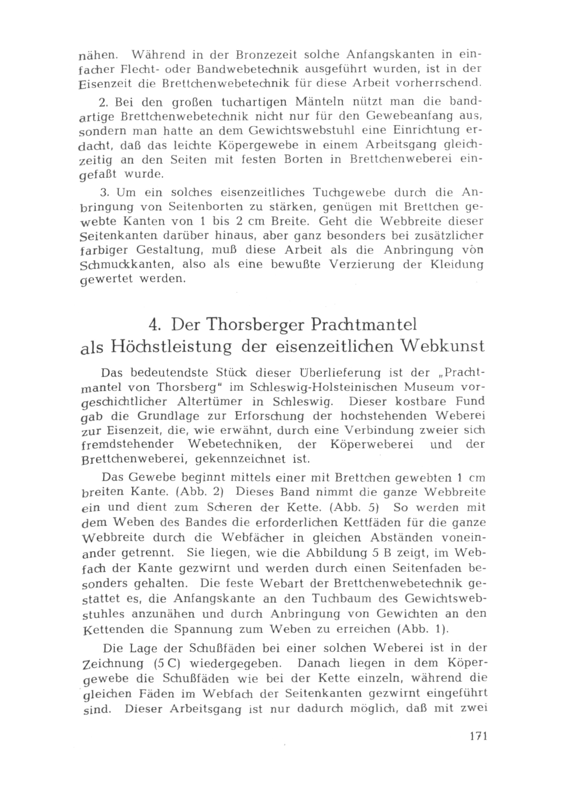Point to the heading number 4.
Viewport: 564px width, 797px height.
tap(153, 325)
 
